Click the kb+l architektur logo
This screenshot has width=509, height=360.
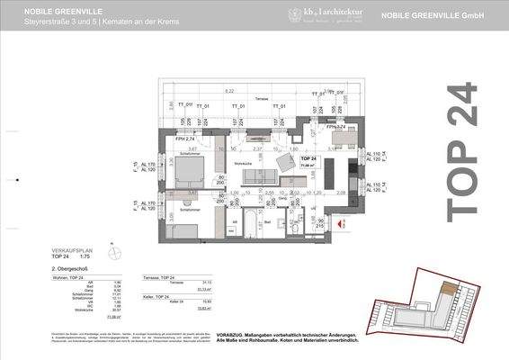coord(316,14)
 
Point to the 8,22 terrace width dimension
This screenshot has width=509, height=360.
coord(229,91)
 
